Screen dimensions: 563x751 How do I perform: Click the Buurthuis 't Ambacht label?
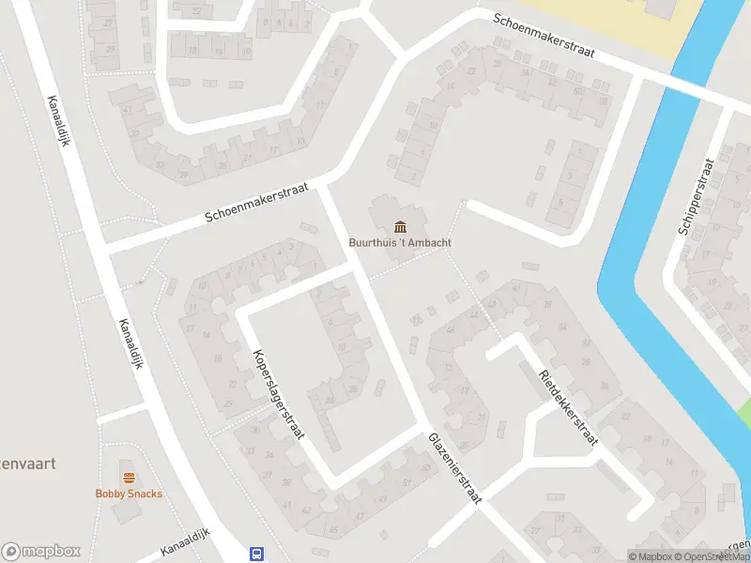pos(401,242)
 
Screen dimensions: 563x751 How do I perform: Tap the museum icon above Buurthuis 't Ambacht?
pos(401,226)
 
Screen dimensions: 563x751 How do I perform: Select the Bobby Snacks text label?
pos(129,494)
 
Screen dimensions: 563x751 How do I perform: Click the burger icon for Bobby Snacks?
pos(129,478)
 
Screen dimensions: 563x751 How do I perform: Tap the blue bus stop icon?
pos(256,554)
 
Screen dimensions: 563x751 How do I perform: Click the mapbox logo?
pos(41,552)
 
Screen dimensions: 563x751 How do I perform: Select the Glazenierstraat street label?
pos(454,469)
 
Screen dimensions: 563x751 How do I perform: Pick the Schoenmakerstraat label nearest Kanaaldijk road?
pos(257,203)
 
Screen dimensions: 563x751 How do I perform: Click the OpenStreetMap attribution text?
pos(712,556)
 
